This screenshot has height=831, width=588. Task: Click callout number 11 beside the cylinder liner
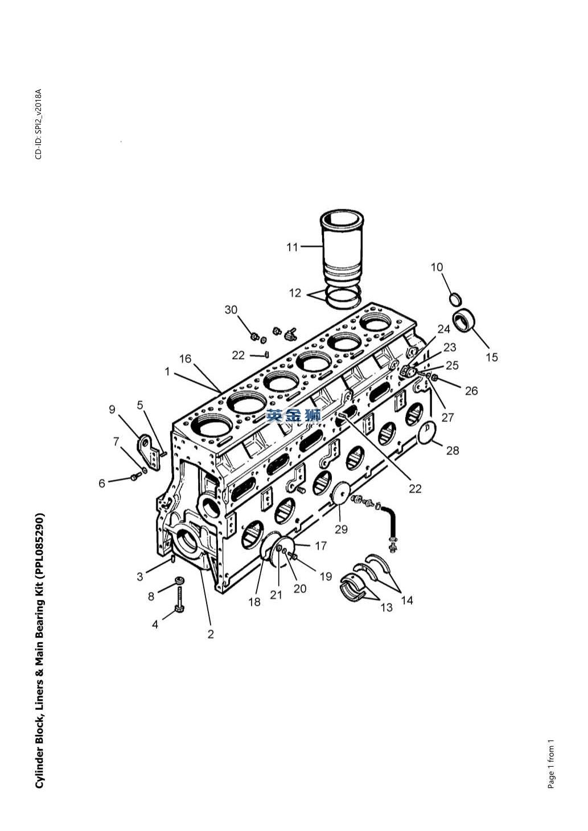click(292, 247)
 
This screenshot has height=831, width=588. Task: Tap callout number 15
click(491, 357)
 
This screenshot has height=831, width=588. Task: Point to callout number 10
click(437, 267)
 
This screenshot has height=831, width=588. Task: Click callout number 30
click(231, 309)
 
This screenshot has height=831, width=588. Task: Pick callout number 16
click(185, 359)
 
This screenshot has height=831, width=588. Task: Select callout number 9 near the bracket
click(112, 409)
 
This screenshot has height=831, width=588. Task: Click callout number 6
click(102, 483)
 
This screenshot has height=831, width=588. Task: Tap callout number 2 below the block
click(211, 634)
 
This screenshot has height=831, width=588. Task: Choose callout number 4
click(155, 625)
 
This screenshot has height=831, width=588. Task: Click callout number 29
click(341, 528)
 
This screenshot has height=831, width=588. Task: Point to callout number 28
click(453, 450)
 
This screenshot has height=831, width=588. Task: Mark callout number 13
click(386, 607)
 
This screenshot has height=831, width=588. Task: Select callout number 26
click(471, 391)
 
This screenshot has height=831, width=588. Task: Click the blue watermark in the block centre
click(293, 415)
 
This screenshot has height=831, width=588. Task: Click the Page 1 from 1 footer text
click(551, 763)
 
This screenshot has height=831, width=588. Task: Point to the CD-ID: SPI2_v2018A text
click(39, 124)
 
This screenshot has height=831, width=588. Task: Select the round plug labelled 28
click(428, 433)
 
